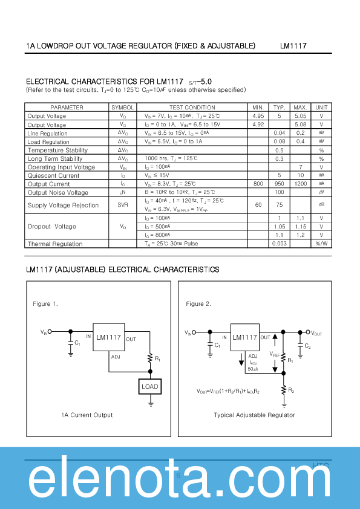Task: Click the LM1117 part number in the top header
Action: tap(293, 46)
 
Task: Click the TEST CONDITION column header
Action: tap(192, 107)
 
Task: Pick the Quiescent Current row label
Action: tap(53, 176)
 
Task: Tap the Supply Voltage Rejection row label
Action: tap(63, 206)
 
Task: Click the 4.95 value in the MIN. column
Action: tap(258, 116)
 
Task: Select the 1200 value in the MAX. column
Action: tap(301, 184)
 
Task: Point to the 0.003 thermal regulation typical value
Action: tap(280, 244)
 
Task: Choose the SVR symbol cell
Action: tap(123, 206)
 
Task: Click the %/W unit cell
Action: tap(322, 244)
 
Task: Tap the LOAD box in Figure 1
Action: tap(149, 386)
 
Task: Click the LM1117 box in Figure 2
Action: tap(244, 337)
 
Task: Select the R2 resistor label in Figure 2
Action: tap(291, 391)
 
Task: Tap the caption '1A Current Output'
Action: tap(87, 415)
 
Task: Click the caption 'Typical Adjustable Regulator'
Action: tap(254, 415)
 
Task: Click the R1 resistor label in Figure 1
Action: tap(157, 358)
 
